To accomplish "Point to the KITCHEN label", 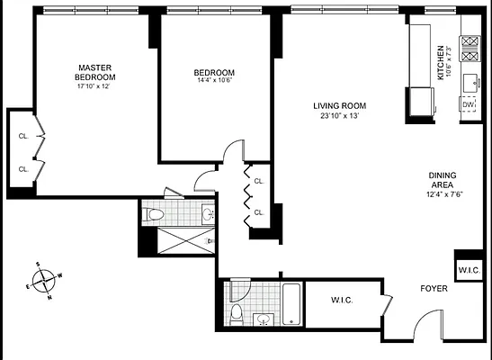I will [x=441, y=62].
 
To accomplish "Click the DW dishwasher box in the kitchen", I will [x=468, y=105].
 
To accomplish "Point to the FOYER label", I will [x=434, y=289].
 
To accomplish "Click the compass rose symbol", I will [x=45, y=280].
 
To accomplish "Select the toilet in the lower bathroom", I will [x=237, y=312].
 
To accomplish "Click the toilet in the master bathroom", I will [x=155, y=214].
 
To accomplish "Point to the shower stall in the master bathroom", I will [x=180, y=240].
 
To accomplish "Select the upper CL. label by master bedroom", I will [x=24, y=137].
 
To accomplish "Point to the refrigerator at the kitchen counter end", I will [x=418, y=102].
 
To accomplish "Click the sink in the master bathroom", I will [x=208, y=214].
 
